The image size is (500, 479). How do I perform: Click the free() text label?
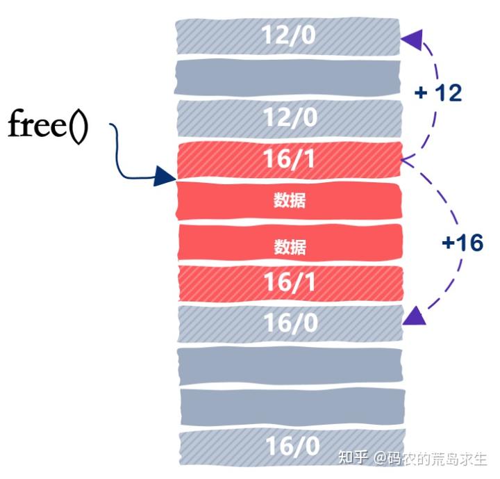click(x=48, y=127)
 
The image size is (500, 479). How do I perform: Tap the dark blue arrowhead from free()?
click(x=166, y=177)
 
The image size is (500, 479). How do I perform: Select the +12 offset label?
click(x=437, y=92)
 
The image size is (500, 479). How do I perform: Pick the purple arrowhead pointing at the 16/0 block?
click(x=414, y=316)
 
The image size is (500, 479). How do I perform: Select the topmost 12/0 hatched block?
click(x=288, y=35)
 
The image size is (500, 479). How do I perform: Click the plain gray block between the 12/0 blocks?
click(x=288, y=76)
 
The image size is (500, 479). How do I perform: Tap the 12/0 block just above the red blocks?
click(x=288, y=117)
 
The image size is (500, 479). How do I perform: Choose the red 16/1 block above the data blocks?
click(x=288, y=159)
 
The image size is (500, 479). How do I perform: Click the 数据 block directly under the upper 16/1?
click(x=288, y=201)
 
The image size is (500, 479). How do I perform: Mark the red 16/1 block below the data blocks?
click(x=288, y=282)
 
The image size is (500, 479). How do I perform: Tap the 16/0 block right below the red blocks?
click(x=288, y=323)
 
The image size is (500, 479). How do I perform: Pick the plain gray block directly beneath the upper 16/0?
click(x=288, y=364)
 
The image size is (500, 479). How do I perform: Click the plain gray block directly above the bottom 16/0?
click(x=288, y=405)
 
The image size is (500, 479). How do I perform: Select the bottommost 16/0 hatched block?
click(x=288, y=446)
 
